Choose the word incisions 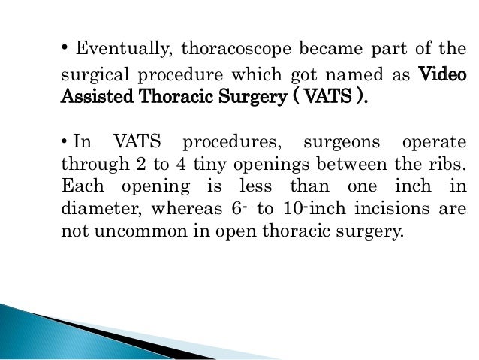(398, 209)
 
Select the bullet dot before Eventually (65, 49)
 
